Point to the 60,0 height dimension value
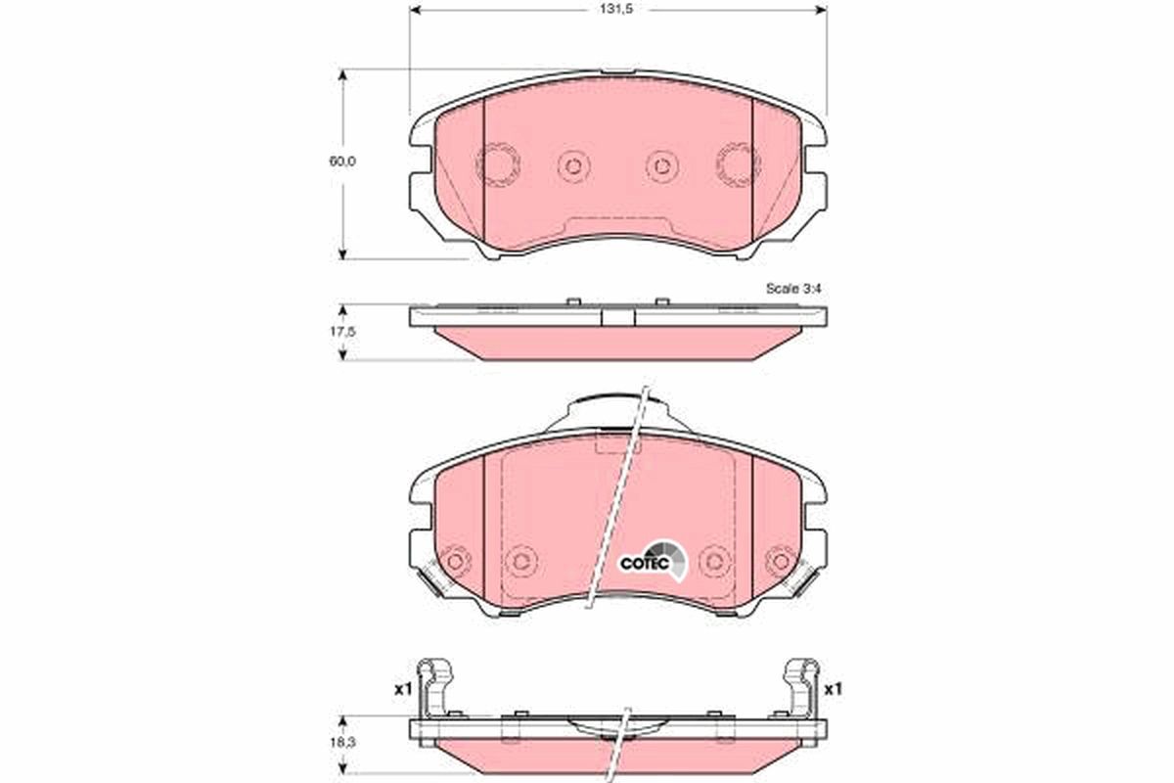[340, 162]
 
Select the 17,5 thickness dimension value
[340, 332]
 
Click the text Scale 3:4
[793, 290]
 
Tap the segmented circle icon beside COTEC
[673, 558]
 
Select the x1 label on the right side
[833, 689]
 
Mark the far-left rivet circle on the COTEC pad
[454, 561]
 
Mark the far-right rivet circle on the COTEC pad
[780, 561]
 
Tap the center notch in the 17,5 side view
[617, 316]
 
